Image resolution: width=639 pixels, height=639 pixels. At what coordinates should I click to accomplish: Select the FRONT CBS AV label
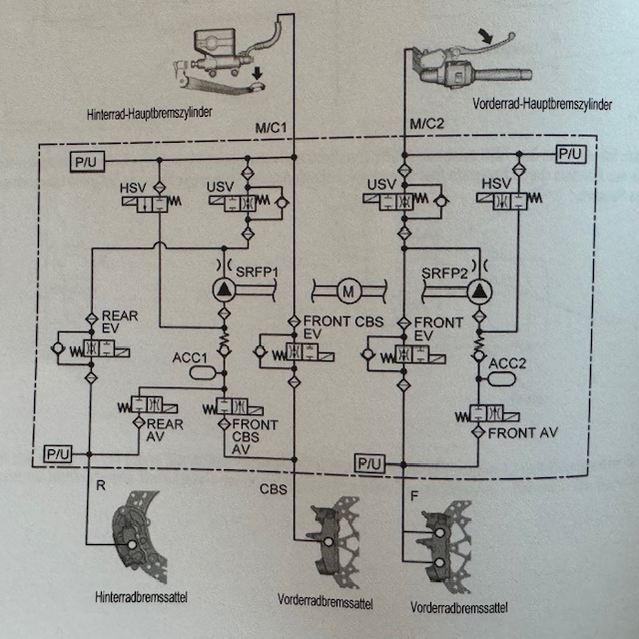point(252,435)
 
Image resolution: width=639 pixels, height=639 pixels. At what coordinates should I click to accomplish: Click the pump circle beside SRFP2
point(478,291)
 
